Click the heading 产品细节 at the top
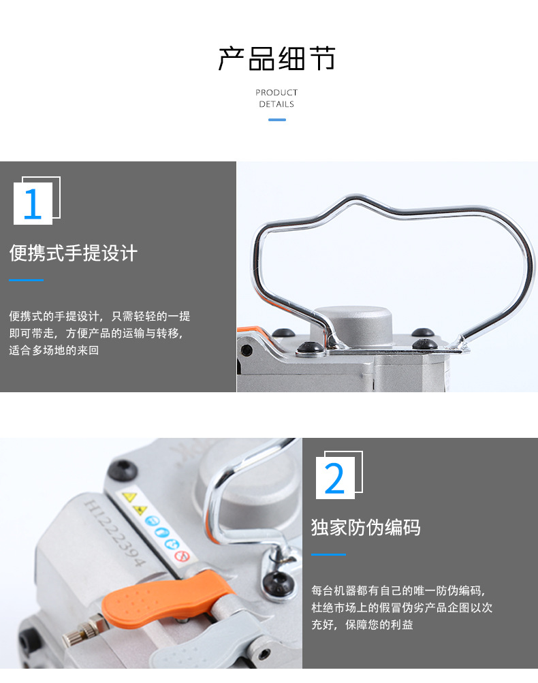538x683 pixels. coord(276,59)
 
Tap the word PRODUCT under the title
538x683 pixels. coord(276,93)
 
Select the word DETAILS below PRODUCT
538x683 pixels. coord(276,104)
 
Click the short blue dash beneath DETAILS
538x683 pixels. coord(276,120)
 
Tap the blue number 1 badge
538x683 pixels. coord(33,204)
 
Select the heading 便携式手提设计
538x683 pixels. coord(74,253)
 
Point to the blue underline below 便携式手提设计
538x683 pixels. coord(26,280)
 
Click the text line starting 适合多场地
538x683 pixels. coord(54,351)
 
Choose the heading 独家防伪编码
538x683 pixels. coord(366,527)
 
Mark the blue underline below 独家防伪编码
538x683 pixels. coord(328,554)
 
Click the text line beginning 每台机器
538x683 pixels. coord(398,590)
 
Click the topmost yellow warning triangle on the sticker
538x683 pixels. coord(127,495)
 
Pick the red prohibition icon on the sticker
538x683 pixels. coord(181,556)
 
